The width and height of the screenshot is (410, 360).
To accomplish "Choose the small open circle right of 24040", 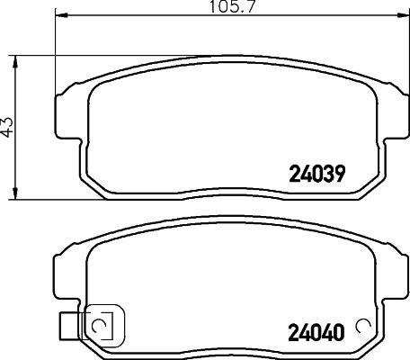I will [x=364, y=326].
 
